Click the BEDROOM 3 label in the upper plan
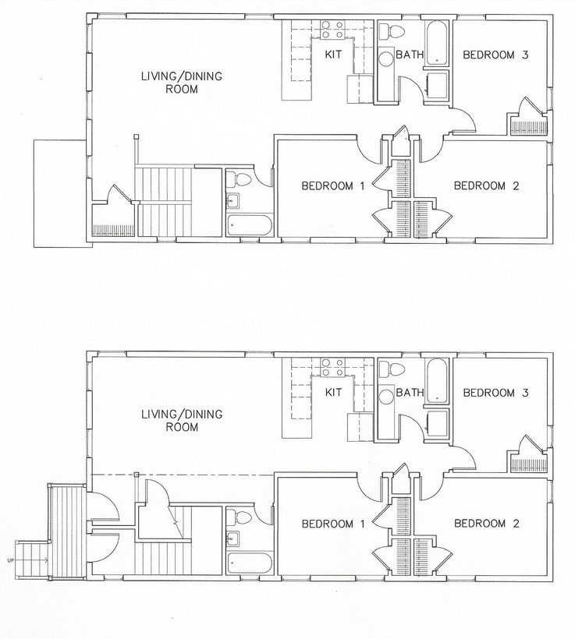(x=495, y=55)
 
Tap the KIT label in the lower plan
(x=333, y=393)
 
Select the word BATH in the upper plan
(x=410, y=55)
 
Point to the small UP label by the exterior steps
(x=10, y=560)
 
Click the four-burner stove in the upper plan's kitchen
(x=332, y=30)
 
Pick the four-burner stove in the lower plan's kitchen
(x=332, y=367)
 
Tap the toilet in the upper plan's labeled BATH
(x=392, y=30)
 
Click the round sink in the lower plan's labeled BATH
(x=385, y=397)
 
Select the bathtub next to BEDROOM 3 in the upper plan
(x=437, y=43)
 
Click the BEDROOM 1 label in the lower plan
(x=333, y=524)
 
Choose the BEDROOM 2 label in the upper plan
(x=486, y=185)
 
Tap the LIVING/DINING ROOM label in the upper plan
(x=182, y=83)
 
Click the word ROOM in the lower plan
(x=182, y=427)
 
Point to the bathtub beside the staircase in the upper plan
(x=249, y=225)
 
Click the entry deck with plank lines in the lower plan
(x=66, y=531)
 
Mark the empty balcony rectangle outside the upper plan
(x=59, y=193)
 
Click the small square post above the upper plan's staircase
(x=137, y=137)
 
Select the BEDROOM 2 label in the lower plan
(x=487, y=524)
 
